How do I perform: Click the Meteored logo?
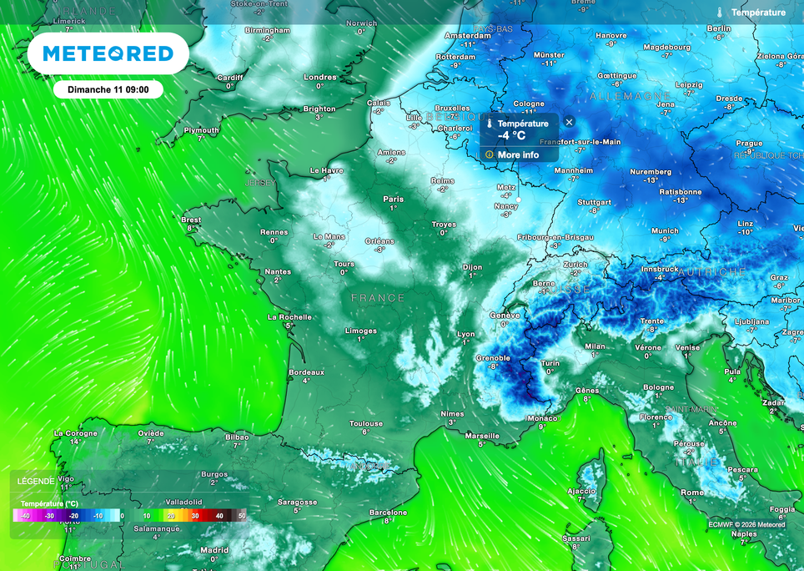pyautogui.click(x=108, y=54)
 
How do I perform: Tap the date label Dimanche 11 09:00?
pyautogui.click(x=108, y=89)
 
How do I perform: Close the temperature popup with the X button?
pyautogui.click(x=569, y=122)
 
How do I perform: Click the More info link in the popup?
pyautogui.click(x=518, y=155)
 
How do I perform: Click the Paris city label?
pyautogui.click(x=393, y=199)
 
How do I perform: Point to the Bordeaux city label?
pyautogui.click(x=305, y=372)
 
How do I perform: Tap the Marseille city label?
pyautogui.click(x=483, y=436)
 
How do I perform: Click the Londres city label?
pyautogui.click(x=319, y=77)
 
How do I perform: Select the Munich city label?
pyautogui.click(x=665, y=231)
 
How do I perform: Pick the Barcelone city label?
pyautogui.click(x=388, y=513)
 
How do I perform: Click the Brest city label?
pyautogui.click(x=191, y=220)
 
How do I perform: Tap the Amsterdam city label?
pyautogui.click(x=468, y=36)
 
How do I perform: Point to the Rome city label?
pyautogui.click(x=691, y=493)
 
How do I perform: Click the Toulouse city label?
pyautogui.click(x=365, y=424)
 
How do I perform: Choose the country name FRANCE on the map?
pyautogui.click(x=378, y=298)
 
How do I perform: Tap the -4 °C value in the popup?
pyautogui.click(x=512, y=135)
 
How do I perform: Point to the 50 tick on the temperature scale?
pyautogui.click(x=242, y=517)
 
